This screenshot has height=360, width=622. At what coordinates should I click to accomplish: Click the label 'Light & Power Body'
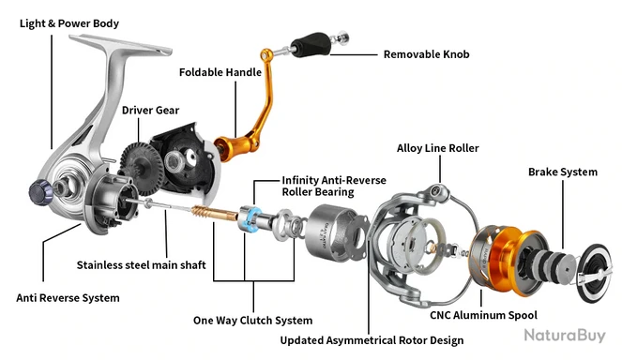click(69, 23)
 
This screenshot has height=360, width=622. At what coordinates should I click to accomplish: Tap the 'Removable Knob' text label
click(427, 54)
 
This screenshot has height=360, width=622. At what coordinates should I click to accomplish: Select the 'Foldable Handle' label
click(220, 72)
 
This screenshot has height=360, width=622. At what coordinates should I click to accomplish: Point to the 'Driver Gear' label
click(150, 111)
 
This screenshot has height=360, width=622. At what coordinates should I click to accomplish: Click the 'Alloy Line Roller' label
click(437, 148)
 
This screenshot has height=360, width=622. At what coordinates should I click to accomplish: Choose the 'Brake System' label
click(563, 172)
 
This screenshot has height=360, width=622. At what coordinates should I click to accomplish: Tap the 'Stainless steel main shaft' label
click(142, 265)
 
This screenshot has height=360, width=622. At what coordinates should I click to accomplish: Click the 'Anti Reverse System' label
click(68, 298)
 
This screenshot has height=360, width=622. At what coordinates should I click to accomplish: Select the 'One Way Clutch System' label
click(252, 321)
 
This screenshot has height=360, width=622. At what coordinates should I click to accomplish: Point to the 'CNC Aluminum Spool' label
click(483, 315)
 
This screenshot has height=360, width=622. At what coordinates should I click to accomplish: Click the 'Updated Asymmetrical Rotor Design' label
click(372, 340)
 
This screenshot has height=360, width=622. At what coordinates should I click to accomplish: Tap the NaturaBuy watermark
click(565, 336)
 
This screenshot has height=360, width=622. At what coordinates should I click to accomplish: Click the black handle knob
click(311, 44)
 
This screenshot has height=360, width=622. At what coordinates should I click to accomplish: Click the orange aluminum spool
click(511, 262)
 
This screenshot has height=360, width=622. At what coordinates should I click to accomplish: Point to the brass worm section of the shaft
click(214, 215)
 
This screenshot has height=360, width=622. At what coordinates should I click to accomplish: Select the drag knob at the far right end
click(594, 273)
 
